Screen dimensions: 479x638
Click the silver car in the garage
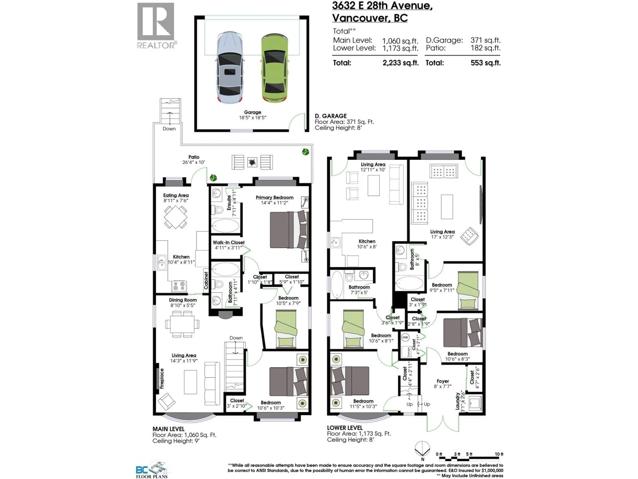click(230, 68)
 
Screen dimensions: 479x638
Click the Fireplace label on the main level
click(162, 379)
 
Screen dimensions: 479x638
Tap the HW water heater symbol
click(405, 337)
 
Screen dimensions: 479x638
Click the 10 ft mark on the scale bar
click(499, 454)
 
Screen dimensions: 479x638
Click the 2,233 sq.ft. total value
click(400, 63)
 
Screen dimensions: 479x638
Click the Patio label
click(194, 157)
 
